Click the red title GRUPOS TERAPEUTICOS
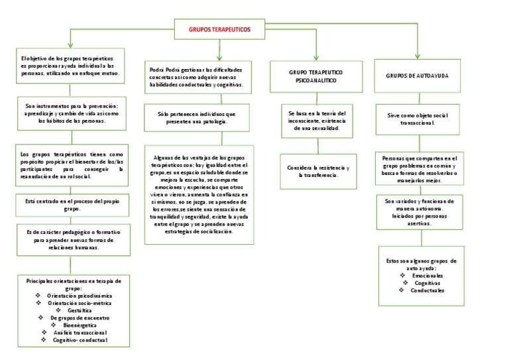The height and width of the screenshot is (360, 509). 220,30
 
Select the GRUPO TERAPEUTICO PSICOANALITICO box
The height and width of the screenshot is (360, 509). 315,76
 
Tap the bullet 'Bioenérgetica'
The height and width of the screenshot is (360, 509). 78,325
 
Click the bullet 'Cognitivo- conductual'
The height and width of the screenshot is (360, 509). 80,340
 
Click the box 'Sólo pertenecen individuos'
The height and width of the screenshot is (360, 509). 196,118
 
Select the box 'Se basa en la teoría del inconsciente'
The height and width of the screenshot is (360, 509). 317,120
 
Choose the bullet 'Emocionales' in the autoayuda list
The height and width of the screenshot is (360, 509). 427,275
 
